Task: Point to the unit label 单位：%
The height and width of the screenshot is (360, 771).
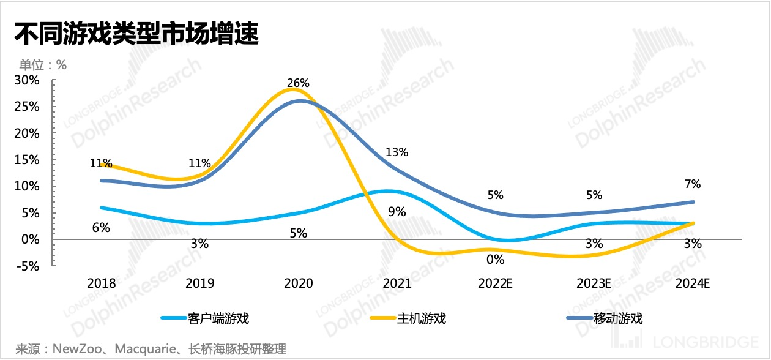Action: pyautogui.click(x=43, y=64)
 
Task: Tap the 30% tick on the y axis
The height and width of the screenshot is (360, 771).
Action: pyautogui.click(x=28, y=80)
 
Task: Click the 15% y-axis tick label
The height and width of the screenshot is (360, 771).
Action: pyautogui.click(x=28, y=160)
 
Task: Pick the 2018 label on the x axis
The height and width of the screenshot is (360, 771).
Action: pyautogui.click(x=101, y=283)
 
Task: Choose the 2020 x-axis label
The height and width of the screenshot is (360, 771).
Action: pyautogui.click(x=299, y=283)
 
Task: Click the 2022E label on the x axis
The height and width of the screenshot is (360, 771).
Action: pyautogui.click(x=496, y=283)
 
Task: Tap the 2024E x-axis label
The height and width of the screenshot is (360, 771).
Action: pyautogui.click(x=693, y=283)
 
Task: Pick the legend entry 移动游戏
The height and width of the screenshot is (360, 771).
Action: pyautogui.click(x=618, y=318)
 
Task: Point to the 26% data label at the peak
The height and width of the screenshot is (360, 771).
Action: pyautogui.click(x=299, y=83)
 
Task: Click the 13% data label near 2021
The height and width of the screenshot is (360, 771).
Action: pyautogui.click(x=397, y=152)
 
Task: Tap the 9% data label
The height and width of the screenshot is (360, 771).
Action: pyautogui.click(x=397, y=212)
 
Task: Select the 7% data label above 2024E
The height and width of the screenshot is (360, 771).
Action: pyautogui.click(x=693, y=184)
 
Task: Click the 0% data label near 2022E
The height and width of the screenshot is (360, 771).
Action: pyautogui.click(x=496, y=259)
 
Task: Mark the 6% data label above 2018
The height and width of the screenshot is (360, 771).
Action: pyautogui.click(x=101, y=228)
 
